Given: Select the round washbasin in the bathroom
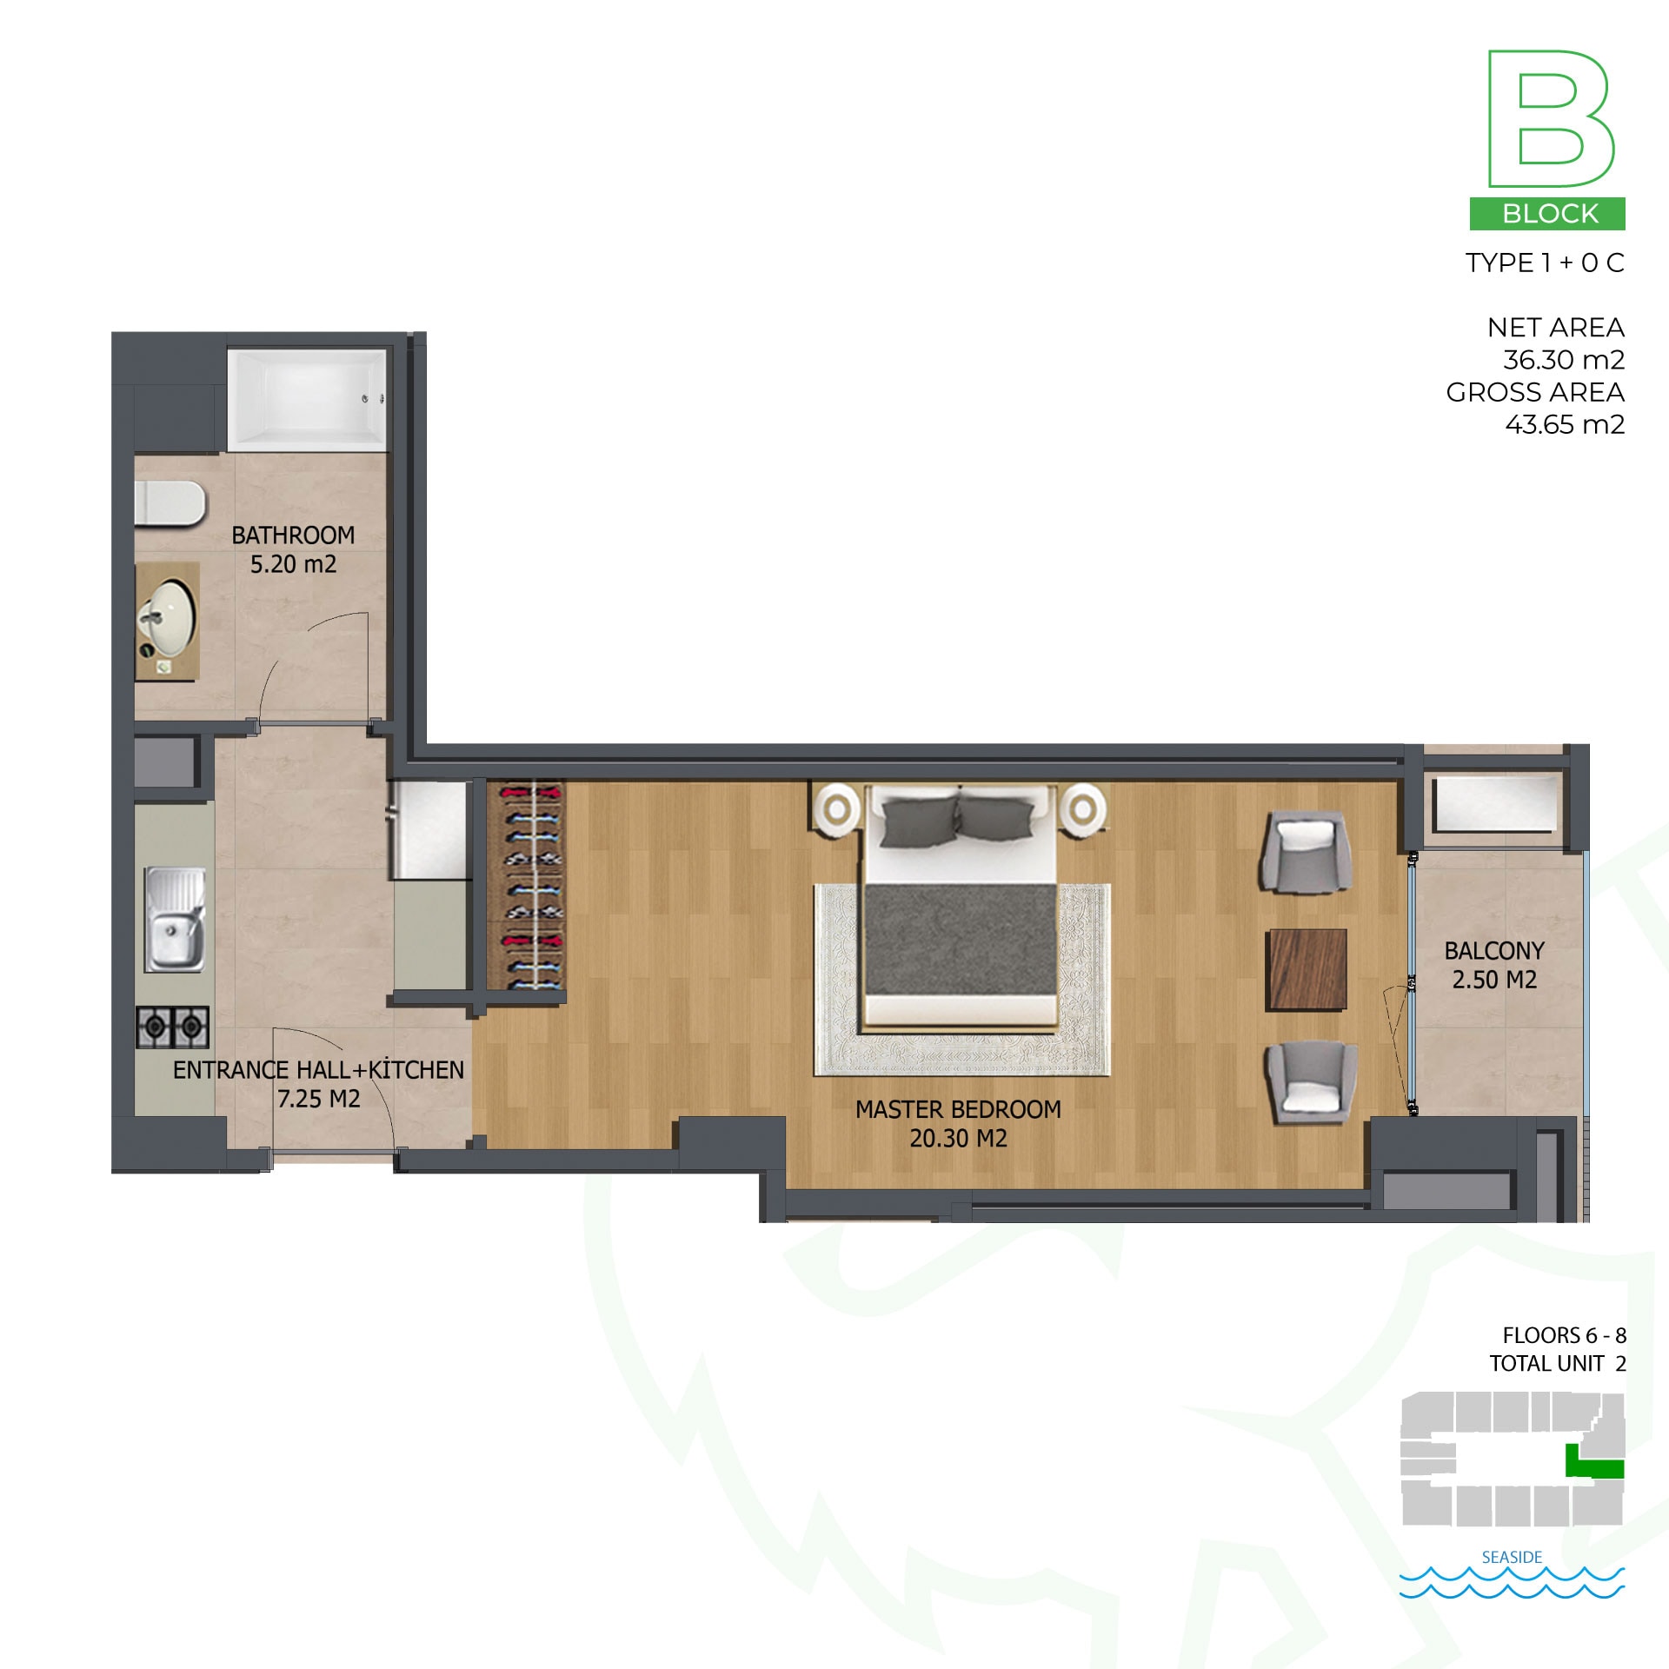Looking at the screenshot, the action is pos(168,618).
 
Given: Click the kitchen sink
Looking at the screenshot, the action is pos(175,920).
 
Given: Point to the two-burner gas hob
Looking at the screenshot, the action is pos(173,1027).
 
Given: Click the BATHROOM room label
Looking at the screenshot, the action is pos(293,535).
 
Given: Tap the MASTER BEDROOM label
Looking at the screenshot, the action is pos(958,1109).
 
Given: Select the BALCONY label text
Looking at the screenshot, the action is pos(1494,951).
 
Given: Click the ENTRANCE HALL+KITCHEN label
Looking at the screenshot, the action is pos(318,1070).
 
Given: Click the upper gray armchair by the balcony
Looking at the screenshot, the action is pos(1307,852).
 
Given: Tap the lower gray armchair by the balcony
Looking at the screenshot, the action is pos(1311,1083).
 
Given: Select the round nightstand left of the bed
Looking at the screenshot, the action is pos(837,809).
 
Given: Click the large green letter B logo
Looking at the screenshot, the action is pos(1551,119).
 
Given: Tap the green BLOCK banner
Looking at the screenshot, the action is pos(1547,214).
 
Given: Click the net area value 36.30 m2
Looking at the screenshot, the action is pos(1564,360).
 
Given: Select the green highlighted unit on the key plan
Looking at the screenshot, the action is pos(1593,1461).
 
